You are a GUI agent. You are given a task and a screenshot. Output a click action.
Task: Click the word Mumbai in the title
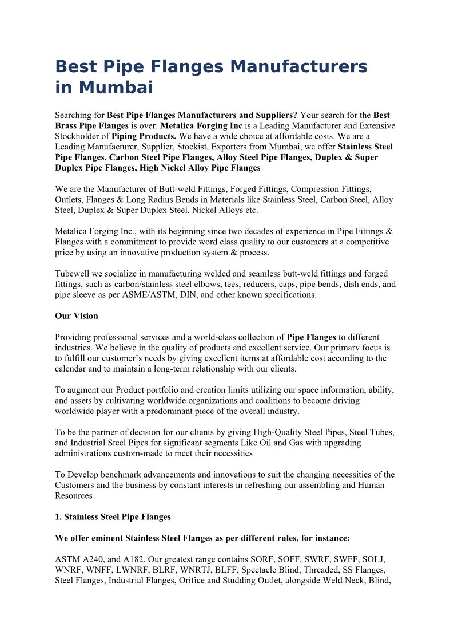tap(116, 88)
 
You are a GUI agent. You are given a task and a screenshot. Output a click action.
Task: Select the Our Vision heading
tap(77, 316)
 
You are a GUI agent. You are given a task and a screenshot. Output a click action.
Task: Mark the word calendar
tap(73, 369)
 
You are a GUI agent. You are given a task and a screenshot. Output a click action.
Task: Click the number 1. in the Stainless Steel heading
tap(58, 517)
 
